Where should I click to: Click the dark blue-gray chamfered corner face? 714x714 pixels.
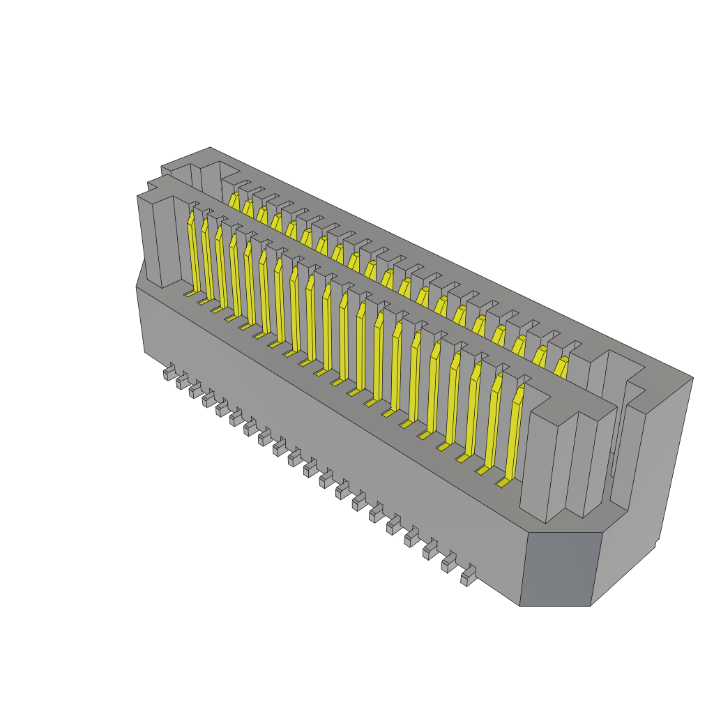561,568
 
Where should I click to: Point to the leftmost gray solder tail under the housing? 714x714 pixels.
169,373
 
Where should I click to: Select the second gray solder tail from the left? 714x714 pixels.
182,382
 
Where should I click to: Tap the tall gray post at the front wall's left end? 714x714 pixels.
157,241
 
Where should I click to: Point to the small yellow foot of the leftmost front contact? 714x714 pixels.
190,294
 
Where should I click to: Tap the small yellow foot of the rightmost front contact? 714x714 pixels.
503,482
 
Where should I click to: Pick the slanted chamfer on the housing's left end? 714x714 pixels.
140,272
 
